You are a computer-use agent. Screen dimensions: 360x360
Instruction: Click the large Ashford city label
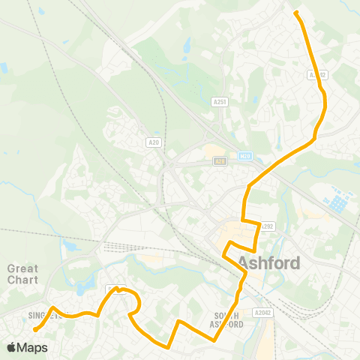(269, 263)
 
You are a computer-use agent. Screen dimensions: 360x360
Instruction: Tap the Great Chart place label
(22, 274)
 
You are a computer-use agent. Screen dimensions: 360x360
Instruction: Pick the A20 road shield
(154, 141)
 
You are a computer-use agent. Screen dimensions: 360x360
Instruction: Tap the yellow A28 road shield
(219, 160)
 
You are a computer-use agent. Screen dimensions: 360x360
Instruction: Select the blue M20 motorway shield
(245, 156)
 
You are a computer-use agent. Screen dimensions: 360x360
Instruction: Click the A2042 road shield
(262, 311)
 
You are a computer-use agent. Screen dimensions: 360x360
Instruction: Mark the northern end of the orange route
(296, 13)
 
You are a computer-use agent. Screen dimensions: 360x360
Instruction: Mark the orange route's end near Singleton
(35, 328)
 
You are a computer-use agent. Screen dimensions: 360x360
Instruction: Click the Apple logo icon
(11, 347)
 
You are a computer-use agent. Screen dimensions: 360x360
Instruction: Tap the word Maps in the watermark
(32, 347)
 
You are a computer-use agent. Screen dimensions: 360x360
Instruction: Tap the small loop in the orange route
(136, 306)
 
